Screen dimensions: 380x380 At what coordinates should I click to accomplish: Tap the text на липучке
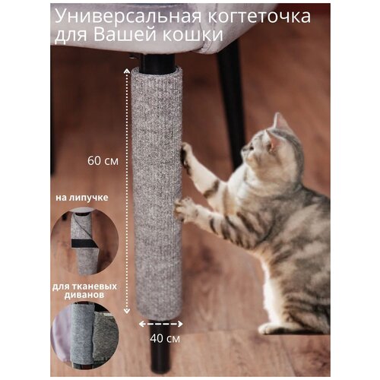tap(80, 200)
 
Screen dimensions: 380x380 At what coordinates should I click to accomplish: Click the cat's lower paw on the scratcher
tap(182, 211)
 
